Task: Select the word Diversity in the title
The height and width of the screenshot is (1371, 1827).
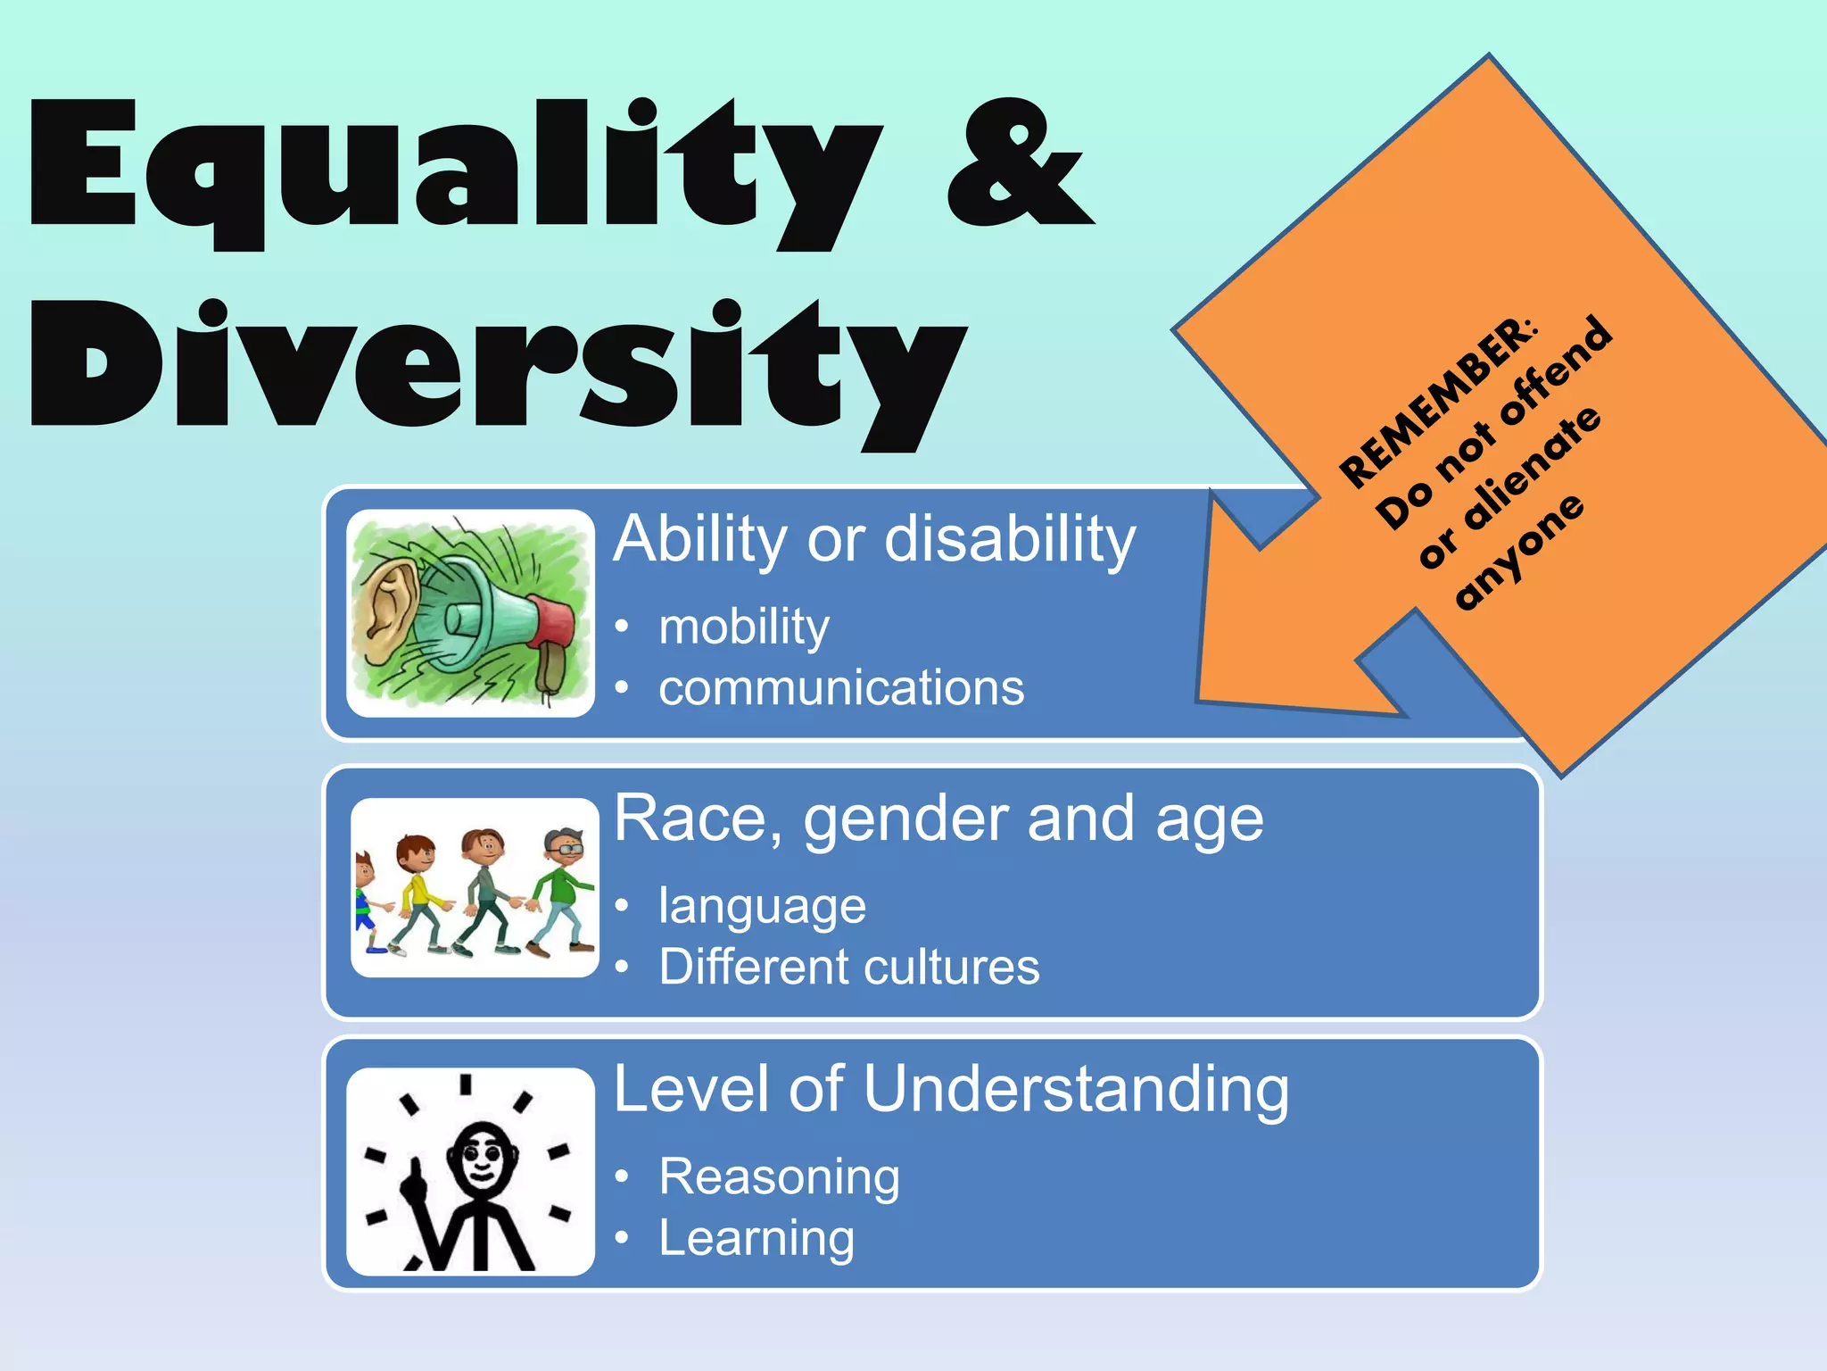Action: pyautogui.click(x=500, y=370)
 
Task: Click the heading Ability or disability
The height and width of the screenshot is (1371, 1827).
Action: pyautogui.click(x=874, y=539)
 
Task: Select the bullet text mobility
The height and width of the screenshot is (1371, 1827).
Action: pyautogui.click(x=744, y=627)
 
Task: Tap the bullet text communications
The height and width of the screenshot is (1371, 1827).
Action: pyautogui.click(x=841, y=688)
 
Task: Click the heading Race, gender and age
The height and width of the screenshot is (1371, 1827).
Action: pyautogui.click(x=938, y=818)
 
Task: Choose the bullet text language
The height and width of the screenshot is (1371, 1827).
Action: pyautogui.click(x=762, y=906)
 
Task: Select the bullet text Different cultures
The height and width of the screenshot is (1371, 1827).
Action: pyautogui.click(x=849, y=967)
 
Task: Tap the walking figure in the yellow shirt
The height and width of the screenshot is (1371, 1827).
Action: pyautogui.click(x=418, y=893)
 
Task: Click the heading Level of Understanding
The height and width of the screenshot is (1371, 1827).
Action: pyautogui.click(x=951, y=1089)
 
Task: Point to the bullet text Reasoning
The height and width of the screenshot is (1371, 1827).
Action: pyautogui.click(x=780, y=1176)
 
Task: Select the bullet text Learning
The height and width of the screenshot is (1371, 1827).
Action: pyautogui.click(x=756, y=1238)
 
